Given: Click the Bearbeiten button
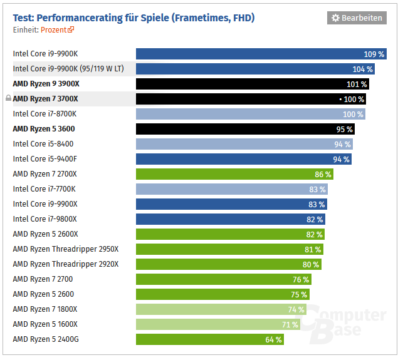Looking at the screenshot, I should click(356, 18).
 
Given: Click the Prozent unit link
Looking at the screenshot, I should click(57, 29).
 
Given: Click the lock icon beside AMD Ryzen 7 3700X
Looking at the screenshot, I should click(8, 99).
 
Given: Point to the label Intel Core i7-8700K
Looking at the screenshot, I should click(44, 114).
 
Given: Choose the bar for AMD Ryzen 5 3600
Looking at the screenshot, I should click(245, 129).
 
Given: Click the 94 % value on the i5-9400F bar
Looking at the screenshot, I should click(342, 159).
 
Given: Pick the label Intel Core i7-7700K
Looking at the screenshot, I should click(44, 189).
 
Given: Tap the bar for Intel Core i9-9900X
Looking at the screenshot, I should click(231, 204).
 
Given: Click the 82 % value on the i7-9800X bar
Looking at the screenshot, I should click(315, 219).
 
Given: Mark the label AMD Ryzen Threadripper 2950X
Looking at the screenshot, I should click(66, 249).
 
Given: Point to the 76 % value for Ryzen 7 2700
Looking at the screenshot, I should click(301, 279).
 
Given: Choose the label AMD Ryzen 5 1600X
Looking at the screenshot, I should click(45, 324).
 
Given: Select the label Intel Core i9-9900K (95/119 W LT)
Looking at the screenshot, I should click(67, 69).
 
